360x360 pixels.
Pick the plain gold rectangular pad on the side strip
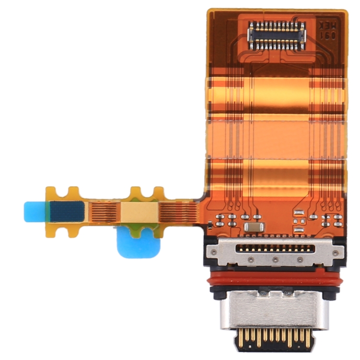140,210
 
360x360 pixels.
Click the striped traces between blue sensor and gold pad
104,211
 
